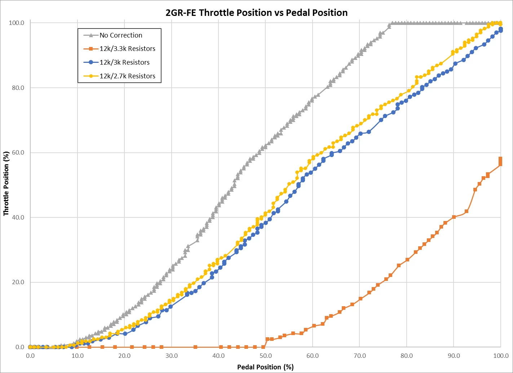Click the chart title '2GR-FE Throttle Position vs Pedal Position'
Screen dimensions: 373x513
pyautogui.click(x=256, y=13)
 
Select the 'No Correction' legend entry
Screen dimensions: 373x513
pyautogui.click(x=121, y=35)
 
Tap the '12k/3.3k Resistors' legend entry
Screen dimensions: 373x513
pyautogui.click(x=127, y=49)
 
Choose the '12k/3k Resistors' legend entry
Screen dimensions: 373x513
pyautogui.click(x=124, y=62)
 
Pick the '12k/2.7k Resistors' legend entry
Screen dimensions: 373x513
pyautogui.click(x=127, y=76)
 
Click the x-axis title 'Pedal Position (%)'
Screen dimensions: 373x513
pyautogui.click(x=265, y=367)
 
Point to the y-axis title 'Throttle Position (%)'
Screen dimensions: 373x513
pyautogui.click(x=6, y=183)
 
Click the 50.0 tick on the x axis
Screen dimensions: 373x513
pyautogui.click(x=265, y=356)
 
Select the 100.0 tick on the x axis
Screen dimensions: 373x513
pyautogui.click(x=500, y=356)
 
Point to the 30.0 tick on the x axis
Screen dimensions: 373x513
pyautogui.click(x=171, y=356)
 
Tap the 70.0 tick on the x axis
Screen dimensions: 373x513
pyautogui.click(x=359, y=356)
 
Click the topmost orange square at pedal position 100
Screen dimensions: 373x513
pyautogui.click(x=500, y=159)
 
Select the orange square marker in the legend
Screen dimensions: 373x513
pyautogui.click(x=91, y=49)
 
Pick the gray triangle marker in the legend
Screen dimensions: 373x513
pyautogui.click(x=91, y=35)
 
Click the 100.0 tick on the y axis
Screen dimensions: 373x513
pyautogui.click(x=16, y=23)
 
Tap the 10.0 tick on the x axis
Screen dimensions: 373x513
pyautogui.click(x=77, y=356)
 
